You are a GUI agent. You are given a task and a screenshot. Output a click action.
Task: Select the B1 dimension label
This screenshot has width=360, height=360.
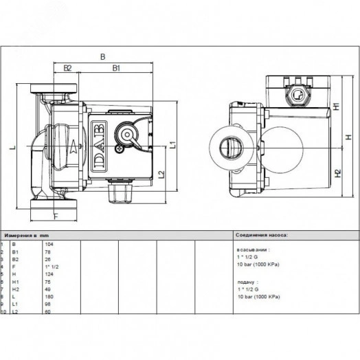click(116, 68)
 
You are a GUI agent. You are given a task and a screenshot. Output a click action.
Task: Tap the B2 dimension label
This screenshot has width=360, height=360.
click(67, 68)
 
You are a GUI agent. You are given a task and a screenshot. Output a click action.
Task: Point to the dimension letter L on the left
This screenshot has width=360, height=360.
click(13, 148)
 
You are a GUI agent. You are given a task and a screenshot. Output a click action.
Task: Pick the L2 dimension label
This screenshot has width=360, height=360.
click(160, 175)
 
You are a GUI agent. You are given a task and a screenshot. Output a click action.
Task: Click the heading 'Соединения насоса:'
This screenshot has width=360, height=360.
click(262, 234)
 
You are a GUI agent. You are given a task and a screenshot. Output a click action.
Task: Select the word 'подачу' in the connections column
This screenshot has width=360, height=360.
click(246, 281)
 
